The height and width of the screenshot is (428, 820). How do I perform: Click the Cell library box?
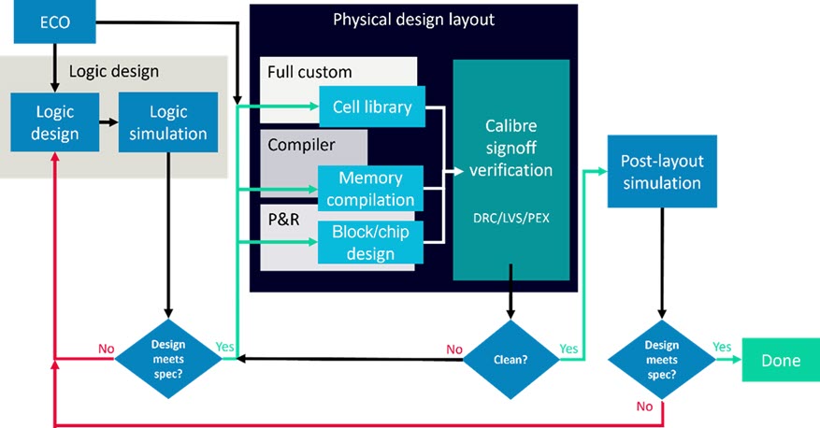(372, 107)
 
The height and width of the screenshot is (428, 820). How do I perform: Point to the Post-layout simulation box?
(661, 171)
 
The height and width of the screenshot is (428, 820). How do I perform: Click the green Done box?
(780, 361)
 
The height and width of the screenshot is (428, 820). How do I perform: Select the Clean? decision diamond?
(511, 358)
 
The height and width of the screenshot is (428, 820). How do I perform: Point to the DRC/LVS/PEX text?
(511, 218)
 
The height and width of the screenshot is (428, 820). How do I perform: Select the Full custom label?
(310, 72)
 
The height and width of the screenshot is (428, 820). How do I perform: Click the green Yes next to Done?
(721, 347)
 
